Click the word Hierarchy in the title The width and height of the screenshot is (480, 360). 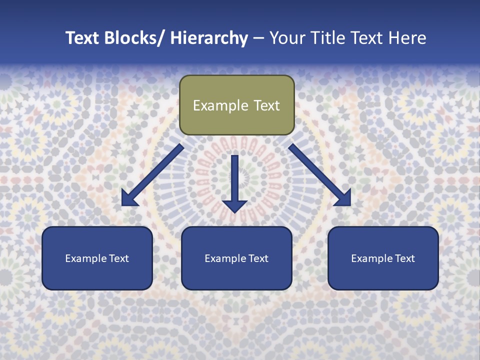[209, 38]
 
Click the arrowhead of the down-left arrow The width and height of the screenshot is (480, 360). [128, 199]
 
